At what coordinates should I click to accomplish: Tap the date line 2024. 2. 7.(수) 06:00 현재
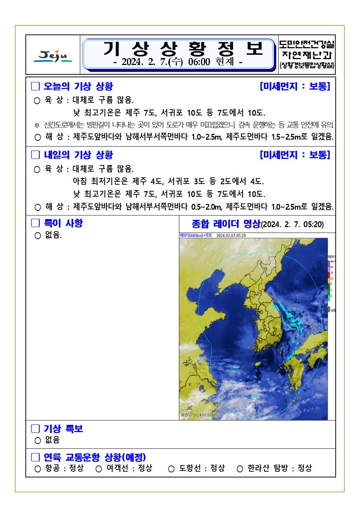tap(178, 62)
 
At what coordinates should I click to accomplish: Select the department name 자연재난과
tap(307, 56)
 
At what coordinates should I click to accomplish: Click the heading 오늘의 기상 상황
tap(78, 86)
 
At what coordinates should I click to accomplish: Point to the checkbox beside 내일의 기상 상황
tap(35, 155)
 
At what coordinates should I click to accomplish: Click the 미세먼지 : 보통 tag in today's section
tap(295, 86)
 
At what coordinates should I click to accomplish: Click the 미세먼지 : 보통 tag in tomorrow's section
tap(295, 155)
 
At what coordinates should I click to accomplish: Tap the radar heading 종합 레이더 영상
tap(226, 223)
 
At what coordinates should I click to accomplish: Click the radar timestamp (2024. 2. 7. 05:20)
tap(292, 224)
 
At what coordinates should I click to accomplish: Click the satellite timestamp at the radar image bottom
tap(201, 415)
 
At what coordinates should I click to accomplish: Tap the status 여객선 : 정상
tap(129, 468)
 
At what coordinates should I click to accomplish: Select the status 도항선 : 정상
tap(201, 468)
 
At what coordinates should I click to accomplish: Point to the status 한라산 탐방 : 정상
tap(279, 468)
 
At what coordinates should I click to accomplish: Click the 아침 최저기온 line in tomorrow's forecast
tap(168, 181)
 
